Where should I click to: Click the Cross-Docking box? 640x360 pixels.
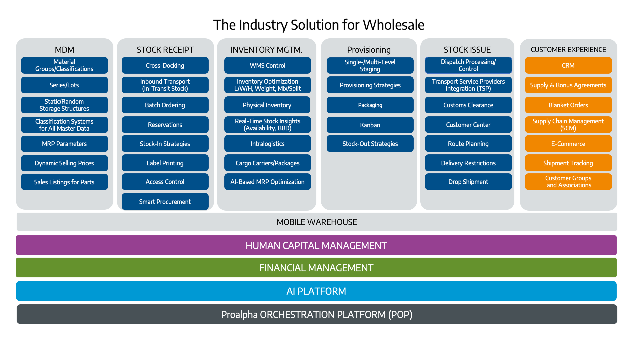pyautogui.click(x=165, y=65)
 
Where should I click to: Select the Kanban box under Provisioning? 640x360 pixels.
pyautogui.click(x=370, y=125)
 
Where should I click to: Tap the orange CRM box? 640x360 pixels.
pyautogui.click(x=568, y=65)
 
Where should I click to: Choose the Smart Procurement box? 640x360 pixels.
pyautogui.click(x=165, y=202)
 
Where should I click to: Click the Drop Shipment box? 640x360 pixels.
pyautogui.click(x=468, y=182)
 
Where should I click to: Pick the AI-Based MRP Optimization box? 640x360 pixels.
pyautogui.click(x=267, y=182)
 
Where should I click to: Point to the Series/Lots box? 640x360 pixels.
pyautogui.click(x=64, y=85)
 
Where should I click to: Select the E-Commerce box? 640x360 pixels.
pyautogui.click(x=568, y=144)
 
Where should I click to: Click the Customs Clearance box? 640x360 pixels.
pyautogui.click(x=468, y=105)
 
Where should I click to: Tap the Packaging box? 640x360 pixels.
pyautogui.click(x=370, y=105)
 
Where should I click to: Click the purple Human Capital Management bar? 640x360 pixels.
pyautogui.click(x=316, y=245)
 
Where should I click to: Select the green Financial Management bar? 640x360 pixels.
pyautogui.click(x=316, y=268)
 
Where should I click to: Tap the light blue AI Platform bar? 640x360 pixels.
pyautogui.click(x=316, y=291)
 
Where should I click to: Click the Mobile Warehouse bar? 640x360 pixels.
pyautogui.click(x=317, y=222)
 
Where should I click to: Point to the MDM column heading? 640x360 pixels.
pyautogui.click(x=64, y=50)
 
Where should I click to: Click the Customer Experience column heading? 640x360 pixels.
pyautogui.click(x=568, y=50)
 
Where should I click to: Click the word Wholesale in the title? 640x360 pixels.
pyautogui.click(x=393, y=25)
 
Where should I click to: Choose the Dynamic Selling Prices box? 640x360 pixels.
pyautogui.click(x=64, y=163)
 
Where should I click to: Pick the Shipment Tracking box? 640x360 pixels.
pyautogui.click(x=568, y=163)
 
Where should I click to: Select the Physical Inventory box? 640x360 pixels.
pyautogui.click(x=267, y=105)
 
